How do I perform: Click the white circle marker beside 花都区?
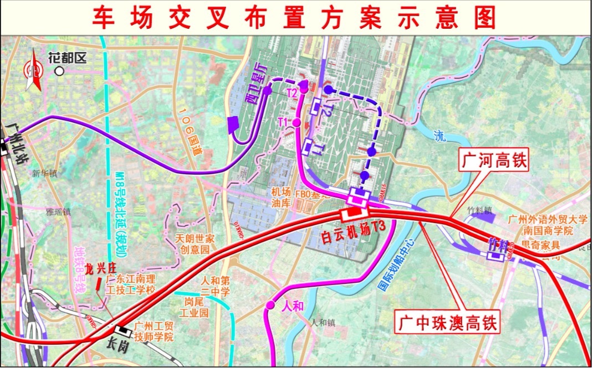59,71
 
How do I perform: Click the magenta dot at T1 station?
297,122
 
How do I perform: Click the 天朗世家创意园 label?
195,244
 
